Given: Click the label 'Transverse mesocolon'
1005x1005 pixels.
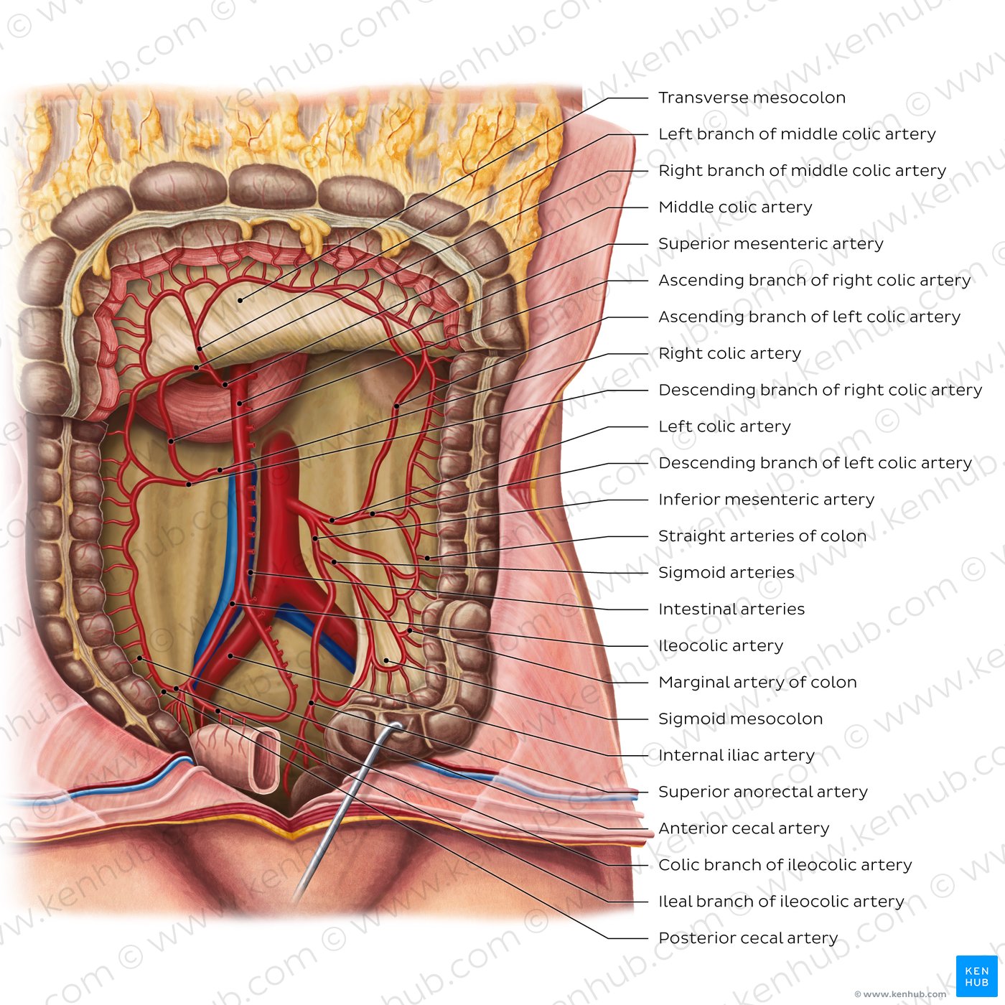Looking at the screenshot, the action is [752, 98].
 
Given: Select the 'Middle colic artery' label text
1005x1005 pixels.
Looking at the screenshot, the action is [735, 207].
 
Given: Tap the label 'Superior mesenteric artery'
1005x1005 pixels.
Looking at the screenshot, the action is [771, 243].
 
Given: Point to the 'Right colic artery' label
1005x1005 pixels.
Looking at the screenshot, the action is [729, 353].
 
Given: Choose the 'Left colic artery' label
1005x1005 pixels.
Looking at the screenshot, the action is [724, 426].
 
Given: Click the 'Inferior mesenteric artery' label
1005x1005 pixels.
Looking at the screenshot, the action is [766, 499].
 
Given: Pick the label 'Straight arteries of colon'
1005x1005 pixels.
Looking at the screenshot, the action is [762, 536].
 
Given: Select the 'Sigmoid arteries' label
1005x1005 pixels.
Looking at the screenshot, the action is [726, 572].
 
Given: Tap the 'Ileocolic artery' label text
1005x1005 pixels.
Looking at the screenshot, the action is [721, 645].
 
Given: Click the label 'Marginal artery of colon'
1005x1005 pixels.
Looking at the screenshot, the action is [757, 682].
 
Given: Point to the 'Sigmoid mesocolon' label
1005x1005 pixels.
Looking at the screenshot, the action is [741, 719].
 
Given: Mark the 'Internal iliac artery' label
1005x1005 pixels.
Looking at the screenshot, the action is [737, 755].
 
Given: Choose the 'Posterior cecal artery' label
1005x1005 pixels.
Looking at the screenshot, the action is [748, 938].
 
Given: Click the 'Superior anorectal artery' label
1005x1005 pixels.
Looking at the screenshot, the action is [763, 792].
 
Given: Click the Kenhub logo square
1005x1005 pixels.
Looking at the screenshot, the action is [976, 976].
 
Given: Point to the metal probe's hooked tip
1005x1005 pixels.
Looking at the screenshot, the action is [398, 726].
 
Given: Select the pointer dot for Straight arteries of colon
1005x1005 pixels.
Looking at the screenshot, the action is [427, 558].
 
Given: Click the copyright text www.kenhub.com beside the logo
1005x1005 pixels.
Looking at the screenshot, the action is [900, 994].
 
